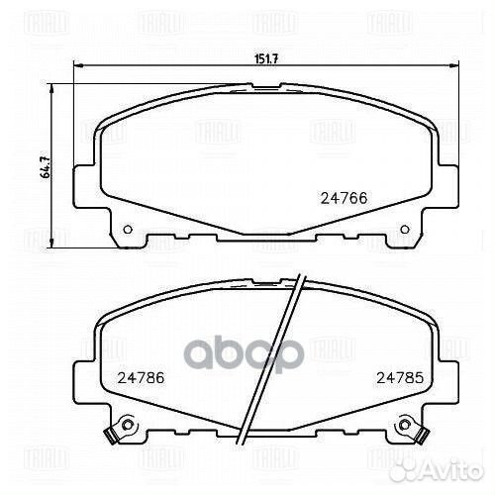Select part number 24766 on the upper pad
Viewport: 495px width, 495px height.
(341, 196)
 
